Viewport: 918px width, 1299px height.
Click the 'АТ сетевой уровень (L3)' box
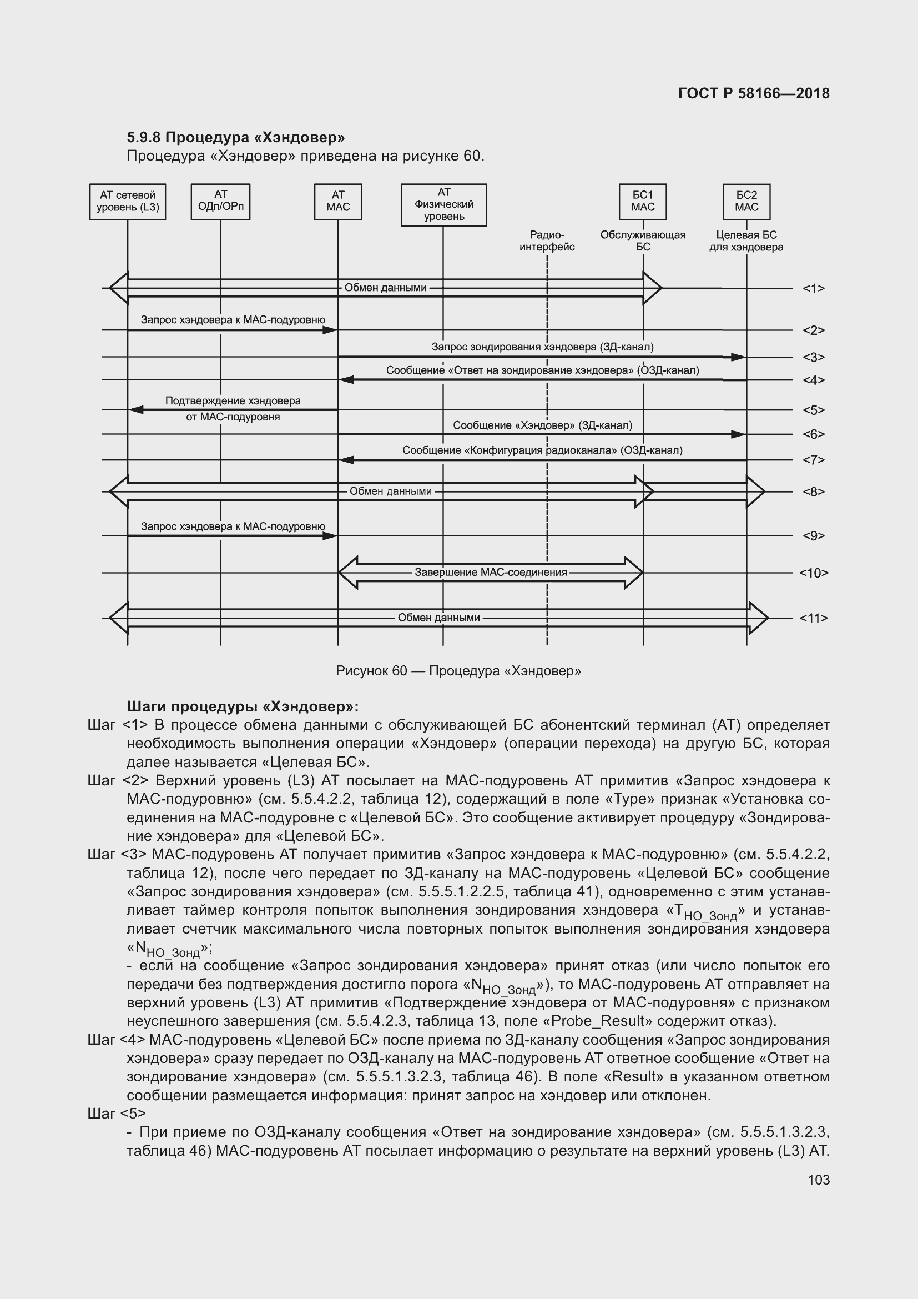tap(128, 202)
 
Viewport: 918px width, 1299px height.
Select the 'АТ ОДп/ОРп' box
tap(220, 202)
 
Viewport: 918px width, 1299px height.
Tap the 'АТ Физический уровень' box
tap(444, 205)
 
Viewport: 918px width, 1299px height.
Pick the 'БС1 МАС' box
tap(643, 202)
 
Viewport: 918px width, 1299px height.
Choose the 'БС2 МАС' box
tap(746, 202)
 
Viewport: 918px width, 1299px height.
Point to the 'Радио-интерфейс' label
tap(547, 241)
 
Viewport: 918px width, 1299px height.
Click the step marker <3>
tap(814, 358)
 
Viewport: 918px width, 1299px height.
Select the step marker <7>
tap(814, 460)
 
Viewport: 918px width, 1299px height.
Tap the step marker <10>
tap(814, 573)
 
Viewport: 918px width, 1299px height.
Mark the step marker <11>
tap(814, 618)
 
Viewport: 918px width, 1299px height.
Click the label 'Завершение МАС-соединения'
tap(491, 573)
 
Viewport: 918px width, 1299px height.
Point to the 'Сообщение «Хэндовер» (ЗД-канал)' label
tap(543, 425)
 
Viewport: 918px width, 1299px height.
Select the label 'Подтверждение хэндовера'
tap(233, 401)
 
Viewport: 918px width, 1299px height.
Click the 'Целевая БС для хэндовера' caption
tap(746, 241)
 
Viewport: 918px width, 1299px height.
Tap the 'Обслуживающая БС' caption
tap(643, 241)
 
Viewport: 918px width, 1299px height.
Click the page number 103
tap(819, 1180)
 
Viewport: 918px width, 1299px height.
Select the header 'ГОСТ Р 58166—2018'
tap(754, 94)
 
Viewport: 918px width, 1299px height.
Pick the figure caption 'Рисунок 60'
tap(371, 671)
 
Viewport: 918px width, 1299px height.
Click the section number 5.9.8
tap(144, 138)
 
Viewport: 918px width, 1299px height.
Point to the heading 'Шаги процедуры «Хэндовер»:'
tap(243, 706)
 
